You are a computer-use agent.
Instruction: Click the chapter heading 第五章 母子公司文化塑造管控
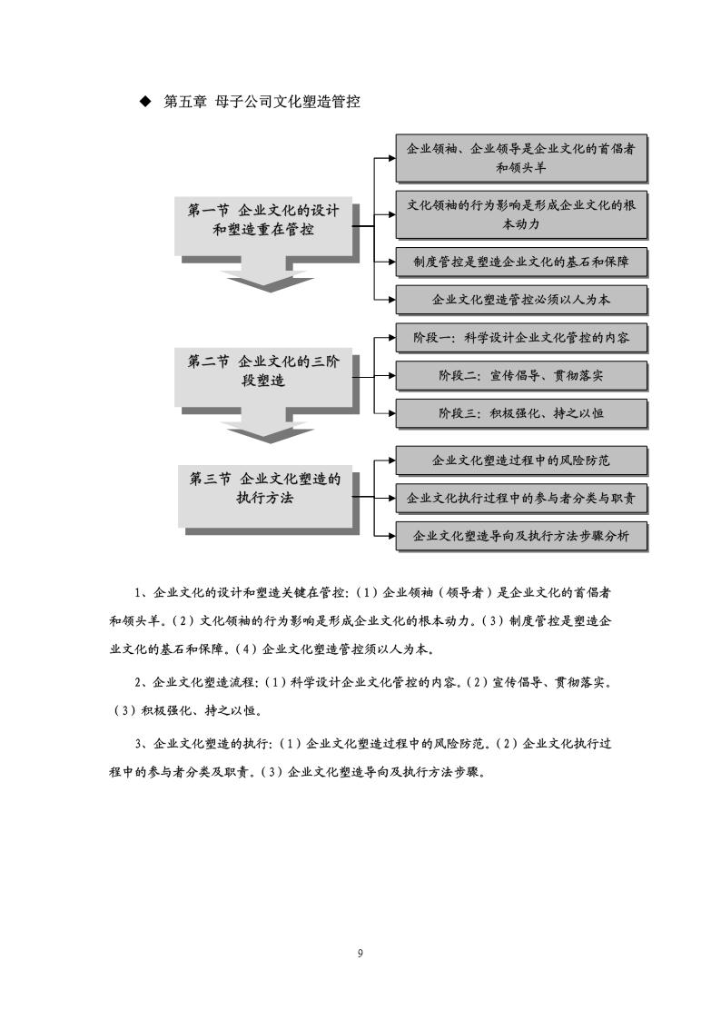point(262,102)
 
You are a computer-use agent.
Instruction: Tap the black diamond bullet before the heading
point(145,102)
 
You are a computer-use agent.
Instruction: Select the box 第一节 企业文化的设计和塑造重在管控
point(263,225)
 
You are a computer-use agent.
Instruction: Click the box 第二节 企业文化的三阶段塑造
point(263,376)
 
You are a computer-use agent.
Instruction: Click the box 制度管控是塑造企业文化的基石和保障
point(521,262)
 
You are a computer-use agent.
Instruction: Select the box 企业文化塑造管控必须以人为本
point(521,300)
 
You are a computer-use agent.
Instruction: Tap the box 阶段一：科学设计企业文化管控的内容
point(521,338)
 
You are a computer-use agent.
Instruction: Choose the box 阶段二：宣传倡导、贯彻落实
point(521,375)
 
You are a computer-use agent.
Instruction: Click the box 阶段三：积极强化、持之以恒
point(521,413)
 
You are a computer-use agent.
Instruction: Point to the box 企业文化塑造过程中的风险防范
point(521,460)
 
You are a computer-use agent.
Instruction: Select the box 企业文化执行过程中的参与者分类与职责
point(521,499)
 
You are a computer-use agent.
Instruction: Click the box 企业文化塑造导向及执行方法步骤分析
point(521,536)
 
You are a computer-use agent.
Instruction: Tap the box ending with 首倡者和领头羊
point(521,158)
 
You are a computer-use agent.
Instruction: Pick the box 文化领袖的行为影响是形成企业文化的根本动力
point(521,214)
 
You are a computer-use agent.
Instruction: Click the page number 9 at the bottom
point(360,954)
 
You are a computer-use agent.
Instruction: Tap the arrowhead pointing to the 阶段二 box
point(391,375)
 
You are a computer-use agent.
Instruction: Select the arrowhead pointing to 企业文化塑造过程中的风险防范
point(391,460)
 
